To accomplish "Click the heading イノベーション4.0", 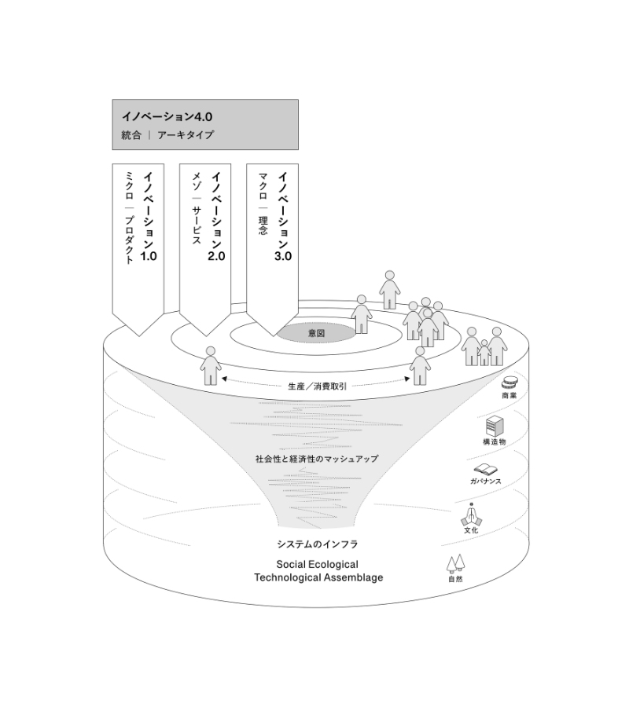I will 162,115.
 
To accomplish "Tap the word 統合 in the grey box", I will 131,134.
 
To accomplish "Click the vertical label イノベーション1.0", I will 149,216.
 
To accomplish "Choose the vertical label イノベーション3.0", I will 283,216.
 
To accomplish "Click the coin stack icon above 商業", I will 509,382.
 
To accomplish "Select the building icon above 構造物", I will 494,427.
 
